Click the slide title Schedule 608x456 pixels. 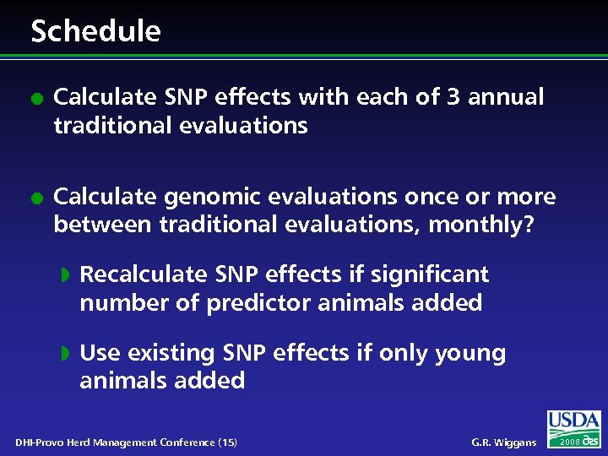tap(95, 31)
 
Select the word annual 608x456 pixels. tap(506, 98)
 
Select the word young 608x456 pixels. tap(470, 354)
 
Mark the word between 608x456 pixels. tap(100, 225)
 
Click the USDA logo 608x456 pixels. tap(573, 421)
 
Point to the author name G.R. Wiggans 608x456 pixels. tap(505, 442)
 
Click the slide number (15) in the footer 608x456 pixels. tap(227, 442)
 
